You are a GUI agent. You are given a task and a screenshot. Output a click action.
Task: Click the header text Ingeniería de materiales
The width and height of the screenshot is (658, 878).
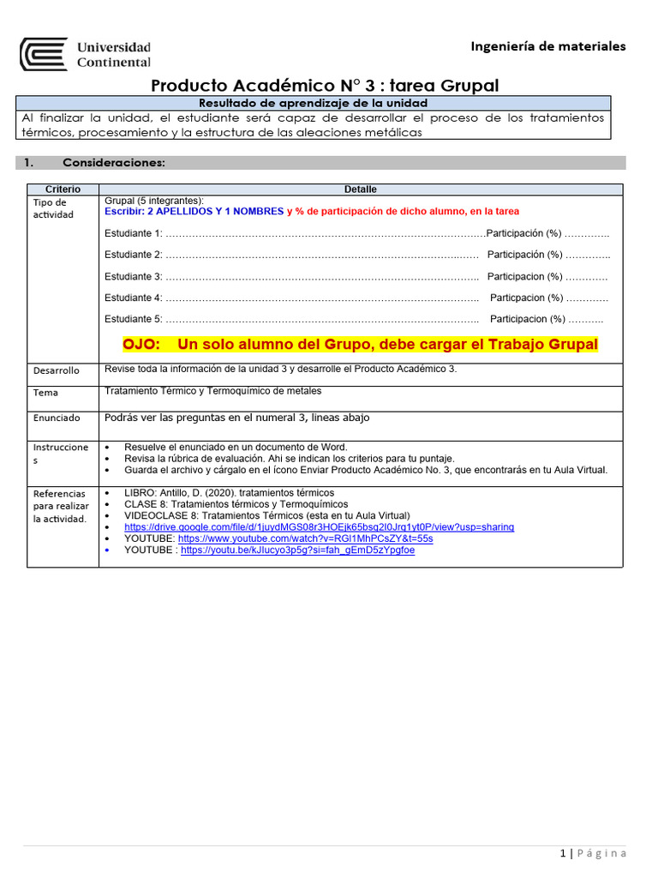pyautogui.click(x=548, y=46)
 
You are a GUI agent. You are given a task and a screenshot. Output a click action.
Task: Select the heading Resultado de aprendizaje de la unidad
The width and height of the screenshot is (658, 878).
pyautogui.click(x=313, y=103)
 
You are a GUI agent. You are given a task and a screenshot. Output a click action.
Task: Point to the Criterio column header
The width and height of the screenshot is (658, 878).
pyautogui.click(x=63, y=189)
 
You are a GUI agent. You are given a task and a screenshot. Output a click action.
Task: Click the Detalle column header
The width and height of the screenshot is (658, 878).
pyautogui.click(x=361, y=189)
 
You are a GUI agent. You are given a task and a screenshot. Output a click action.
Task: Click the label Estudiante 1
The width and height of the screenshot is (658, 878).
pyautogui.click(x=133, y=233)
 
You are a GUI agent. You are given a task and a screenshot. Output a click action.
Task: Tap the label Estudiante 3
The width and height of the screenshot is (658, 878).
pyautogui.click(x=133, y=276)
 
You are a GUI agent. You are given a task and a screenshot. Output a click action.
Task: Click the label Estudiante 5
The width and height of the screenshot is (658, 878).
pyautogui.click(x=133, y=319)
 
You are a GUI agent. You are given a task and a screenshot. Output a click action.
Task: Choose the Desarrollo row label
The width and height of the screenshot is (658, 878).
pyautogui.click(x=57, y=370)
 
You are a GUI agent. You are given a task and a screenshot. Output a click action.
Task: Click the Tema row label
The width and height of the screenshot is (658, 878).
pyautogui.click(x=46, y=393)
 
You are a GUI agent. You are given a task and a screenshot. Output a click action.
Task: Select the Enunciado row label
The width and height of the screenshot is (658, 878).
pyautogui.click(x=57, y=418)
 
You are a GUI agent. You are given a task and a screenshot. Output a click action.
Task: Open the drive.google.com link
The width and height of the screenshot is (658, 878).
pyautogui.click(x=319, y=527)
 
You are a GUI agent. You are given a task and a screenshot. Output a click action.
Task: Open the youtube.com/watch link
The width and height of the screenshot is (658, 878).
pyautogui.click(x=305, y=538)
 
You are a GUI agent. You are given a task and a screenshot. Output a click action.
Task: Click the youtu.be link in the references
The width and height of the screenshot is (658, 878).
pyautogui.click(x=297, y=550)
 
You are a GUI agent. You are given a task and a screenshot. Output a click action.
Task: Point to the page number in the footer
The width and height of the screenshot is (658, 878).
pyautogui.click(x=563, y=853)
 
